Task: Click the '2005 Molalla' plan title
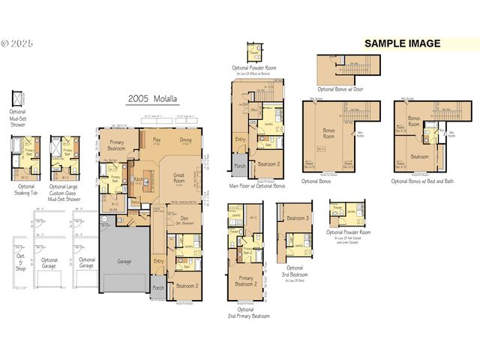(x=154, y=98)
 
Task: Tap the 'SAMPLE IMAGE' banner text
(x=402, y=43)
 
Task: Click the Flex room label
(x=157, y=140)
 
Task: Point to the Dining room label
(x=185, y=140)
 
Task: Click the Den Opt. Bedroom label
(x=184, y=221)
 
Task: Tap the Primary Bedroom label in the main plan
(x=116, y=144)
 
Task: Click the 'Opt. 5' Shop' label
(x=20, y=263)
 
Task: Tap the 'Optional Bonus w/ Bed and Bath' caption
(x=422, y=181)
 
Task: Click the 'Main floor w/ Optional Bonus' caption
(x=256, y=185)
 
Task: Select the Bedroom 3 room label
(x=298, y=218)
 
